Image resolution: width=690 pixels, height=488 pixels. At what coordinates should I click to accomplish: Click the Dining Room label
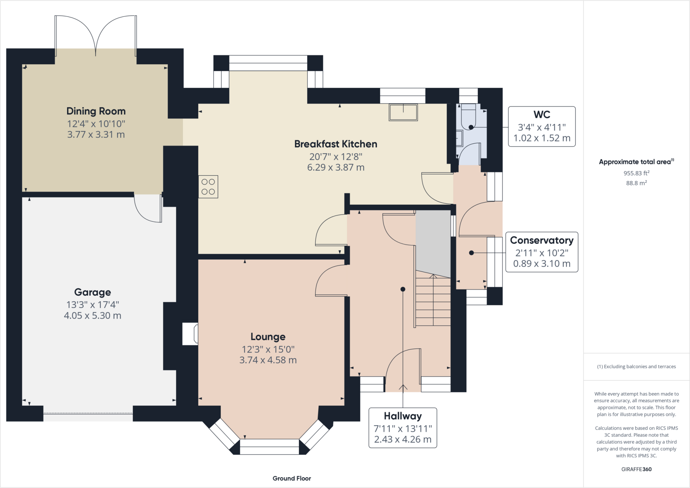[x=96, y=111]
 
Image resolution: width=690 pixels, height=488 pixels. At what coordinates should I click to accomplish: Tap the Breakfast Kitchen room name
[x=336, y=144]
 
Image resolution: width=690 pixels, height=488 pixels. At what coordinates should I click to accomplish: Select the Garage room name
[x=93, y=292]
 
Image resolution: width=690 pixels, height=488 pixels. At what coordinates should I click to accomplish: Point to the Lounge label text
[x=268, y=337]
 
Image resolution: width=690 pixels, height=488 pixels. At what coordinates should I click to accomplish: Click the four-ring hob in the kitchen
[x=208, y=187]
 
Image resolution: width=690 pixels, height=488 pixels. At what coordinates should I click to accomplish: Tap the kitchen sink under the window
[x=403, y=112]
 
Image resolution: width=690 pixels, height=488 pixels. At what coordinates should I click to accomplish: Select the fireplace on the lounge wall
[x=190, y=334]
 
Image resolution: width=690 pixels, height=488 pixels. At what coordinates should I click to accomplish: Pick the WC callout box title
[x=542, y=115]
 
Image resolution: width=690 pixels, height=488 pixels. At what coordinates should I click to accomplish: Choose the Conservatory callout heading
[x=542, y=240]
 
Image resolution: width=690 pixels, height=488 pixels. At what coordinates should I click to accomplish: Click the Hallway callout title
[x=403, y=416]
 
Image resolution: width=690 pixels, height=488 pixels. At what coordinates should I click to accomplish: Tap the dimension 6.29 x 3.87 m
[x=336, y=167]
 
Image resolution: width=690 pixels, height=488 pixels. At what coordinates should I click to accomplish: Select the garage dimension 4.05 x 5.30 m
[x=93, y=316]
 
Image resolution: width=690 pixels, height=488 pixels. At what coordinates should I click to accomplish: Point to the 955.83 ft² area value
[x=636, y=173]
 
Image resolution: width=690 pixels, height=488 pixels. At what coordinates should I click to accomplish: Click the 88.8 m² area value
[x=636, y=183]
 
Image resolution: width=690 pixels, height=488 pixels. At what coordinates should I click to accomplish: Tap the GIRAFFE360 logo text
[x=636, y=469]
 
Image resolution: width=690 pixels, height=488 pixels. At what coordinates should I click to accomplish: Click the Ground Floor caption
[x=292, y=478]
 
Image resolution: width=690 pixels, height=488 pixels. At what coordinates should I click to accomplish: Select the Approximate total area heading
[x=636, y=162]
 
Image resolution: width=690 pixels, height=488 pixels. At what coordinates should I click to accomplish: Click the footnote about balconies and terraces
[x=636, y=366]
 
